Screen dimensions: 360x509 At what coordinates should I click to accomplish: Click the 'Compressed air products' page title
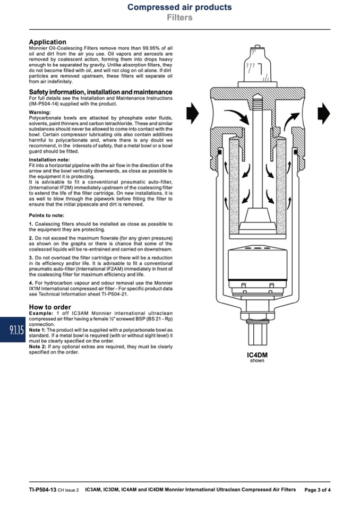[179, 7]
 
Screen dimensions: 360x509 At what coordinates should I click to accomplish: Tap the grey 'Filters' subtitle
[179, 18]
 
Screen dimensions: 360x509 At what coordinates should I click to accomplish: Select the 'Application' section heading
[47, 42]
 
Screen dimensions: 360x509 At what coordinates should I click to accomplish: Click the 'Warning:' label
[40, 113]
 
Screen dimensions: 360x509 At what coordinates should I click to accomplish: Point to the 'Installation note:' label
[49, 160]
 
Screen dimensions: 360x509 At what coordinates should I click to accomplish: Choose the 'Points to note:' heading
[46, 215]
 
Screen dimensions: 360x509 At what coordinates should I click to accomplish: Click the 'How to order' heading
[50, 307]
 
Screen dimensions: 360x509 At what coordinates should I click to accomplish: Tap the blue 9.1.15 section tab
[13, 330]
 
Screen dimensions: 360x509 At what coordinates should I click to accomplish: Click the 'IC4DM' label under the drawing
[257, 355]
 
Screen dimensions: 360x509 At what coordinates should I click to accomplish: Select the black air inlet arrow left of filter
[193, 113]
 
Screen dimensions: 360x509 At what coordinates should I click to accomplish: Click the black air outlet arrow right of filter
[324, 113]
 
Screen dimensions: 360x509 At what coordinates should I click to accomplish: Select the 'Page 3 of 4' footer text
[318, 490]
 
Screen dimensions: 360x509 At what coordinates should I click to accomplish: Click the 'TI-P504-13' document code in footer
[42, 490]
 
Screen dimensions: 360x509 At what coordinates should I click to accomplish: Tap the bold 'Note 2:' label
[38, 347]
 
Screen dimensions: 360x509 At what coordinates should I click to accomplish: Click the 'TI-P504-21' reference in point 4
[115, 294]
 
